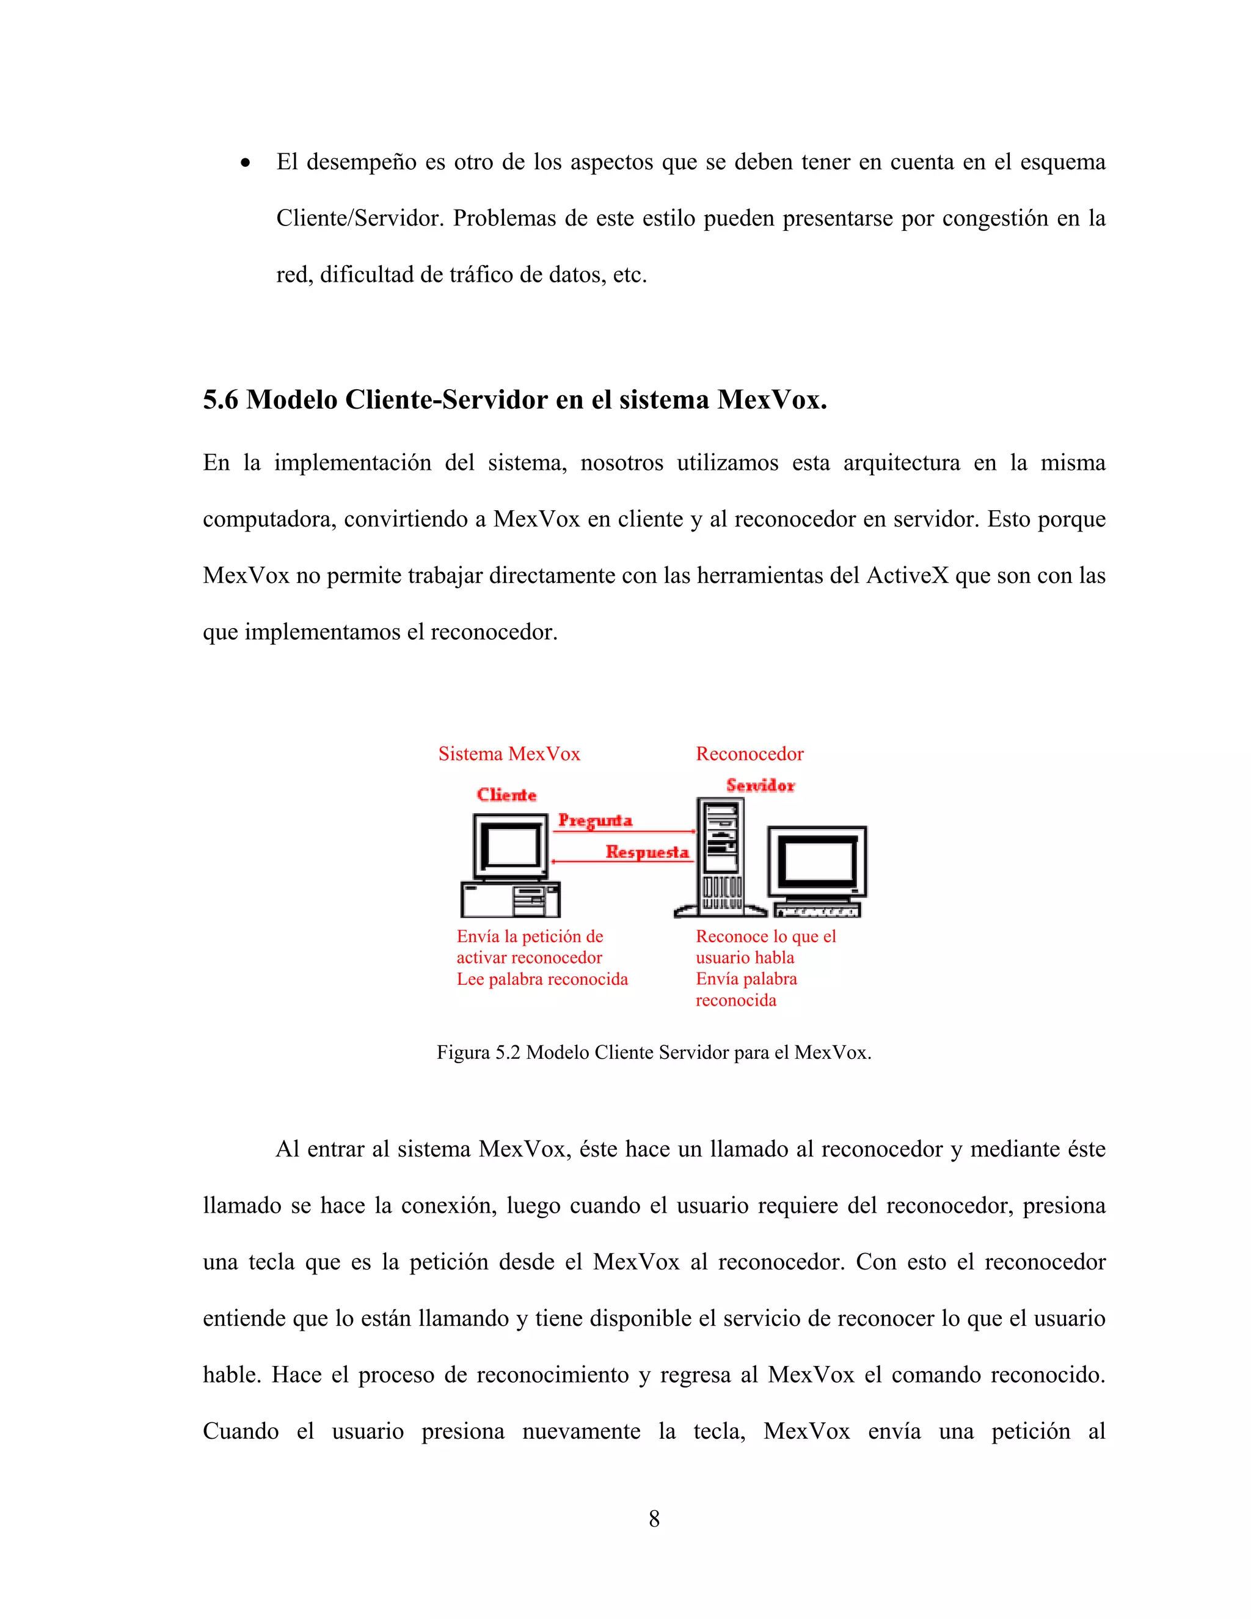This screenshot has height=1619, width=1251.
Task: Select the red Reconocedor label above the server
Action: point(750,754)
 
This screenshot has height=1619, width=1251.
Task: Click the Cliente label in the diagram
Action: point(506,795)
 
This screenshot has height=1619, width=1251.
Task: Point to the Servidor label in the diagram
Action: point(760,785)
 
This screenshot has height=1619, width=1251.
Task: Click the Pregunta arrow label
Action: point(595,820)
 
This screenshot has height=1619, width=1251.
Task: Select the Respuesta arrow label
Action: point(647,852)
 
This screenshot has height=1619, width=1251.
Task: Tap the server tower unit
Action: point(720,856)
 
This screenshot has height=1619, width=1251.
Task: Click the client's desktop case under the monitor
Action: point(510,900)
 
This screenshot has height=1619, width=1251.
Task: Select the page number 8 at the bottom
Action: point(654,1519)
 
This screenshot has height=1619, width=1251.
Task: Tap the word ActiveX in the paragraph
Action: point(907,576)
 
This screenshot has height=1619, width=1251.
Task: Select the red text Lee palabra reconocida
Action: point(542,979)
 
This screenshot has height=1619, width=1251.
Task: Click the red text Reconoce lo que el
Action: point(765,936)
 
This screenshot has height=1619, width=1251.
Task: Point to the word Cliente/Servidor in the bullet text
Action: point(360,219)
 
